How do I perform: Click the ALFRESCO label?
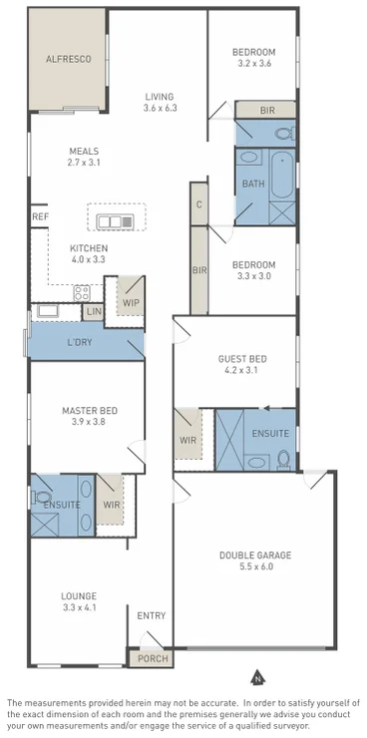tap(69, 59)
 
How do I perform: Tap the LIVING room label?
tap(160, 96)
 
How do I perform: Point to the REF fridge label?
tap(40, 216)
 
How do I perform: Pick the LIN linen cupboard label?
tap(95, 312)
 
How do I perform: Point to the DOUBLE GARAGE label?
tap(252, 554)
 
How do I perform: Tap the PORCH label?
tap(150, 658)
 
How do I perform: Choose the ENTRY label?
tap(152, 615)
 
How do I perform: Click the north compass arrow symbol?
tap(256, 677)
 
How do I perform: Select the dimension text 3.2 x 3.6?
tap(252, 63)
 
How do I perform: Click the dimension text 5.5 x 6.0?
tap(252, 566)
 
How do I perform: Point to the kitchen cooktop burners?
tap(81, 292)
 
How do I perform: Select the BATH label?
tap(252, 184)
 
